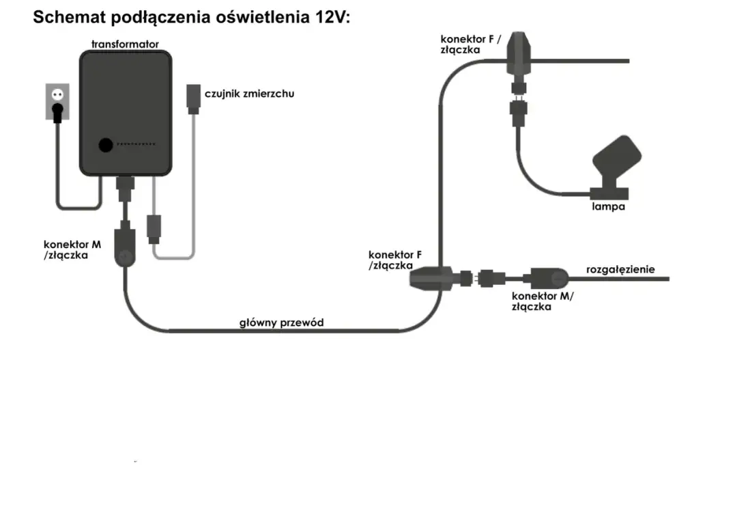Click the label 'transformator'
(125, 44)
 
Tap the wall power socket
(57, 101)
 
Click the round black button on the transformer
(105, 146)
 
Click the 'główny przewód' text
(281, 322)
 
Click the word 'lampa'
(608, 206)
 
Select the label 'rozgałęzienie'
(620, 269)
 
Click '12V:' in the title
(331, 18)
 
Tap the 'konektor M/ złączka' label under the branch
(542, 301)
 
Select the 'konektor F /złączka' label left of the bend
(390, 260)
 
